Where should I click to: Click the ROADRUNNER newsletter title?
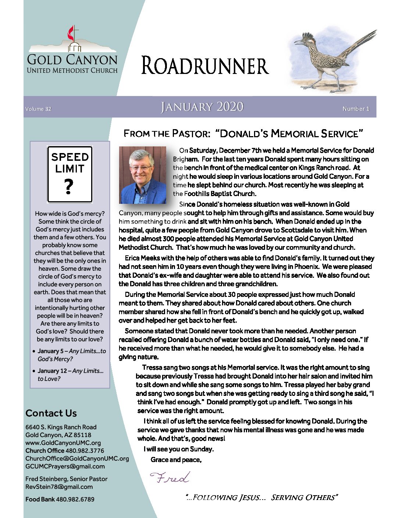click(205, 66)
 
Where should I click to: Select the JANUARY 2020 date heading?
click(202, 107)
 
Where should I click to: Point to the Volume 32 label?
click(38, 109)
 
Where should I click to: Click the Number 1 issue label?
click(356, 109)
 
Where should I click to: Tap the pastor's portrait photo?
click(143, 175)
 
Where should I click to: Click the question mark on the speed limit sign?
click(69, 187)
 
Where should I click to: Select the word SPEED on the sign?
click(70, 157)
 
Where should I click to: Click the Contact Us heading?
click(51, 413)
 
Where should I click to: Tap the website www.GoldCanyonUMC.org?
click(63, 443)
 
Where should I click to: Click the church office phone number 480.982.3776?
click(85, 451)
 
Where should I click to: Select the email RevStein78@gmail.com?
click(59, 487)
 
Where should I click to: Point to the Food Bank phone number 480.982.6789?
click(75, 499)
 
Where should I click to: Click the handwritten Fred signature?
click(169, 478)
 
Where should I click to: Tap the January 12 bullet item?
click(71, 375)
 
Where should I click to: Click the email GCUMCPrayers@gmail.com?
click(65, 466)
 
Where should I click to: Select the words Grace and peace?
click(176, 460)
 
